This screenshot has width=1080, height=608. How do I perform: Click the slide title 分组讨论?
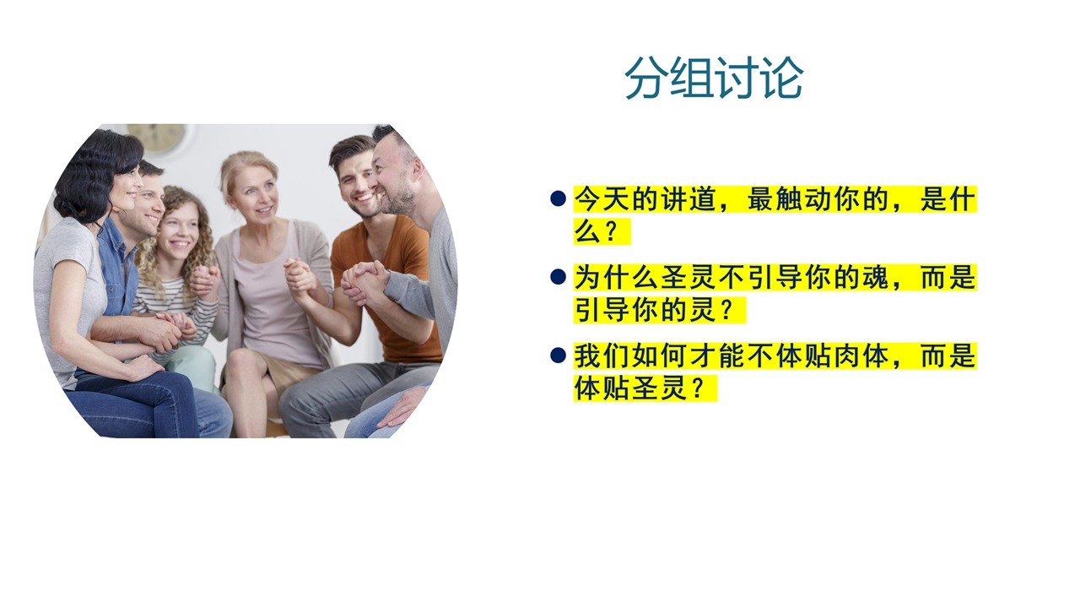click(714, 79)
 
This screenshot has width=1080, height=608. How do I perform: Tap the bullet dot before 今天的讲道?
click(558, 198)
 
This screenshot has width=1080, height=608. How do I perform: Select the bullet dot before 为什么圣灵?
click(558, 277)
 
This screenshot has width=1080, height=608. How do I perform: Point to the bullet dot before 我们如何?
click(558, 356)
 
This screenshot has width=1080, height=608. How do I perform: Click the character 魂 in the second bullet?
click(876, 278)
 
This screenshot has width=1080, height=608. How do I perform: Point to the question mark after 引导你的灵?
click(726, 310)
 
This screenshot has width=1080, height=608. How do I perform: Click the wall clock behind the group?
click(157, 137)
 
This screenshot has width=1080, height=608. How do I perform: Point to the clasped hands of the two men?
click(364, 281)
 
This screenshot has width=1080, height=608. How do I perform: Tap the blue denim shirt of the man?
click(118, 270)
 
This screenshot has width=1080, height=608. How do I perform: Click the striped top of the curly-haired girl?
click(178, 309)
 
